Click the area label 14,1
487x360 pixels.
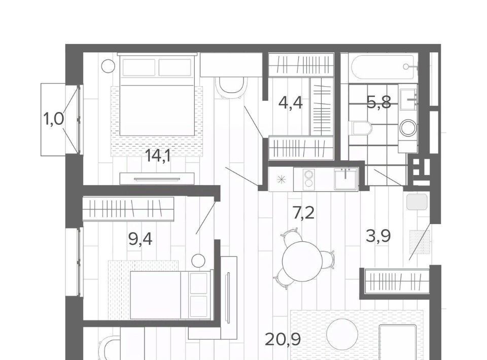(x=158, y=156)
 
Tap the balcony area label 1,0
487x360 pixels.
(x=53, y=119)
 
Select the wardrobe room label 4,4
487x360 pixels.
(x=290, y=102)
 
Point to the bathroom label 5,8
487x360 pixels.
(x=378, y=102)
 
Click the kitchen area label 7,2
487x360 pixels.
(x=303, y=212)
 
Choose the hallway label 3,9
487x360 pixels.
(x=378, y=236)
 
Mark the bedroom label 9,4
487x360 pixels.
(x=140, y=239)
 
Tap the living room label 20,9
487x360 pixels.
(x=283, y=339)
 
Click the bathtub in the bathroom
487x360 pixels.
(x=382, y=67)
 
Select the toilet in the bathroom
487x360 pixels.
(x=360, y=128)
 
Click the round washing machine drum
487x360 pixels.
(x=408, y=128)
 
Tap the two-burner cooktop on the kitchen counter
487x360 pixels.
(x=309, y=178)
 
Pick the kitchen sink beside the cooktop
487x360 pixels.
(x=345, y=178)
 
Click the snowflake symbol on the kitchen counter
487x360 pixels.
(x=281, y=179)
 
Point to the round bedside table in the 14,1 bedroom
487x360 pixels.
(x=108, y=66)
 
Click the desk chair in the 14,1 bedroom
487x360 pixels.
(x=231, y=88)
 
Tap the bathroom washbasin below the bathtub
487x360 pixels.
(x=408, y=99)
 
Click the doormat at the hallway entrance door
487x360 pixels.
(x=420, y=242)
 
